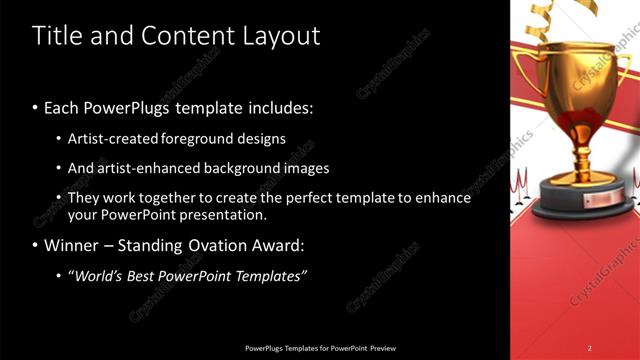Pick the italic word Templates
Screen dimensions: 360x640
[x=269, y=275]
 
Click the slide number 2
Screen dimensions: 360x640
[x=589, y=347]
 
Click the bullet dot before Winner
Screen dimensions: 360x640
[x=36, y=246]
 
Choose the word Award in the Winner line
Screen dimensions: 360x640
[x=279, y=245]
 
